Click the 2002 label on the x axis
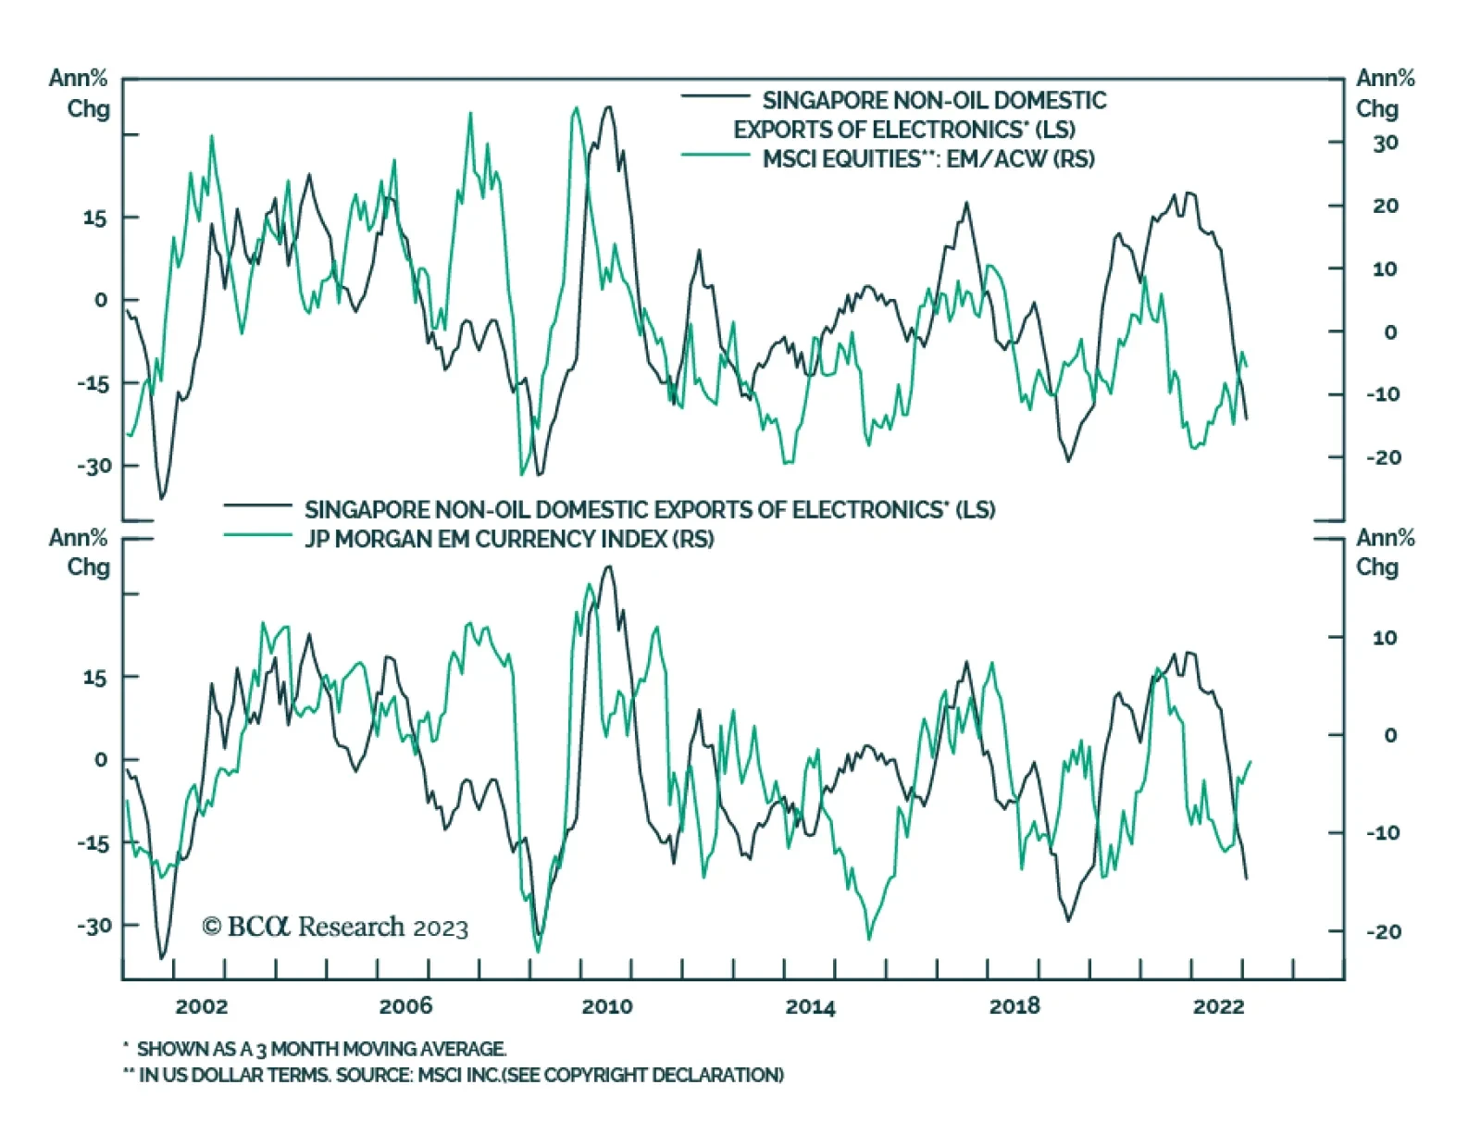[x=201, y=1006]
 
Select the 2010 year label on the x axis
[x=607, y=1006]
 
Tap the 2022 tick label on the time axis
[x=1218, y=1006]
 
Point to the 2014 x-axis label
[x=810, y=1007]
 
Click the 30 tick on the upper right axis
[x=1385, y=143]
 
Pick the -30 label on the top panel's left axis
[x=93, y=466]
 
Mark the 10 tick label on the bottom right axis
[x=1385, y=638]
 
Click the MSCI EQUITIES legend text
[x=928, y=159]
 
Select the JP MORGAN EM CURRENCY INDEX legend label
[x=509, y=539]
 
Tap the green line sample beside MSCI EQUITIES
[x=716, y=155]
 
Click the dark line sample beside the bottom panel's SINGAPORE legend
[x=257, y=505]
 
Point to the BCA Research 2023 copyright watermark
[x=335, y=927]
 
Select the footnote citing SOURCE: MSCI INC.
[x=460, y=1075]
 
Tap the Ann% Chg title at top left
[x=80, y=94]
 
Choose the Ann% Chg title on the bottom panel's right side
[x=1385, y=553]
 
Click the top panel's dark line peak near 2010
[x=608, y=107]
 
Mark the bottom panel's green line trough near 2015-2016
[x=869, y=939]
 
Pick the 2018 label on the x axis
[x=1014, y=1006]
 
